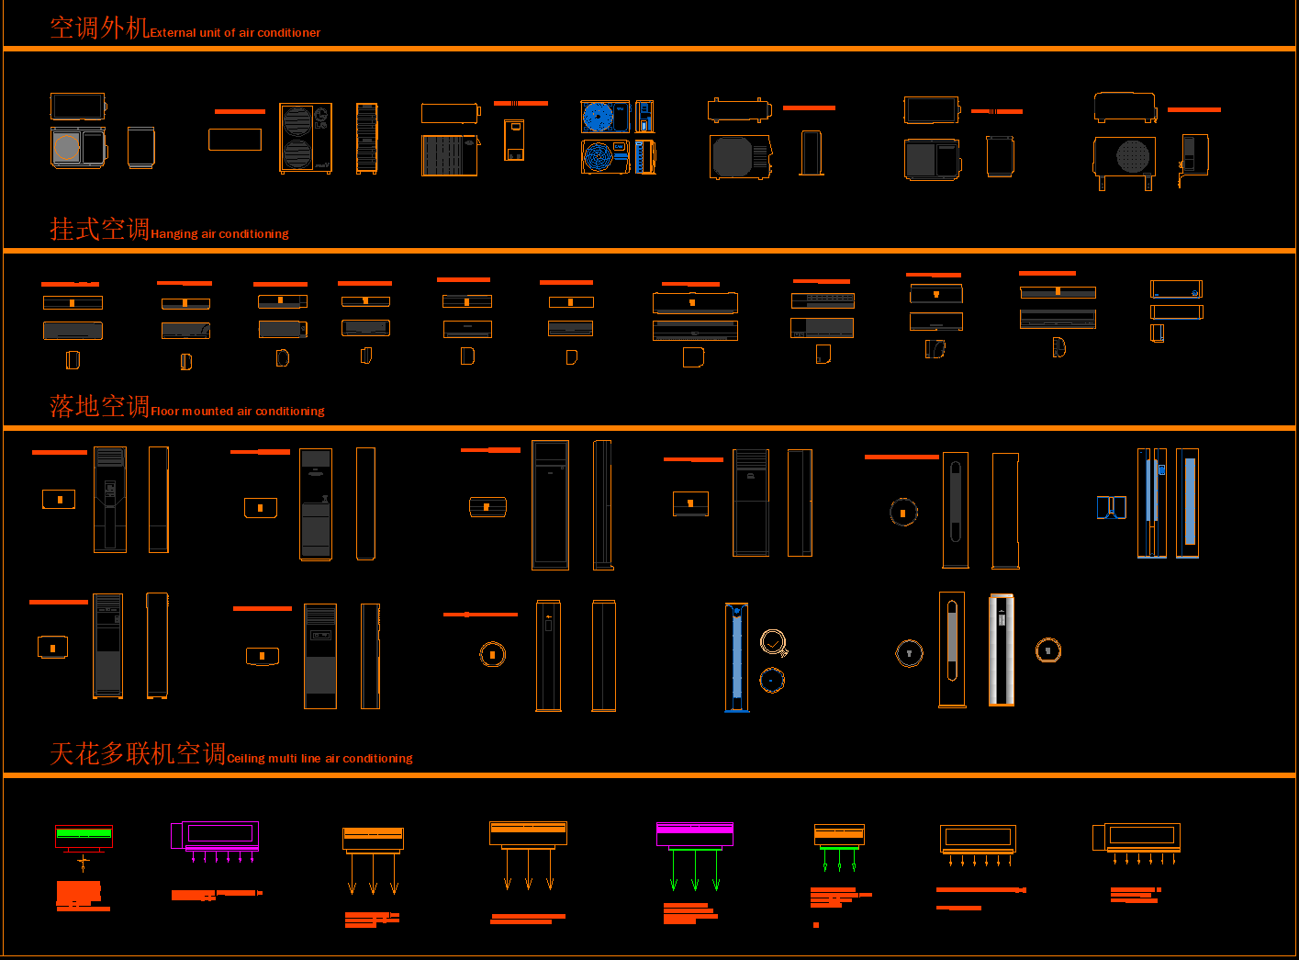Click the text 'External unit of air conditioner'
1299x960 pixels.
[x=235, y=33]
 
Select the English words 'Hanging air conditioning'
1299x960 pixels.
[x=219, y=234]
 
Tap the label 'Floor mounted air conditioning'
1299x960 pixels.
[x=237, y=412]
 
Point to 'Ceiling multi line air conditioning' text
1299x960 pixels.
[x=319, y=759]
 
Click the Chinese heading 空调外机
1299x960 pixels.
[x=99, y=28]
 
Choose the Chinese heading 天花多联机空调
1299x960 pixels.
[x=138, y=754]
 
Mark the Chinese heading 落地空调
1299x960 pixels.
[x=99, y=406]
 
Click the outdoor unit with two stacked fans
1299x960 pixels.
[x=306, y=138]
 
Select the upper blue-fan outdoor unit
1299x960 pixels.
[x=605, y=117]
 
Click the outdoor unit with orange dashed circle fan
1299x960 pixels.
[x=78, y=147]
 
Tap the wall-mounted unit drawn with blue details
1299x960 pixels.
[x=1176, y=289]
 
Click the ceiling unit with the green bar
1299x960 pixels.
[x=84, y=836]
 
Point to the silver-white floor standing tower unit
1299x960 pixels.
[x=1002, y=649]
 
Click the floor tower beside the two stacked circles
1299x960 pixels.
[x=736, y=657]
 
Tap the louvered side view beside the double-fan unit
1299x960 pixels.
[x=366, y=138]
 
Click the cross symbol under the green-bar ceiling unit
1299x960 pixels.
[x=84, y=863]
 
